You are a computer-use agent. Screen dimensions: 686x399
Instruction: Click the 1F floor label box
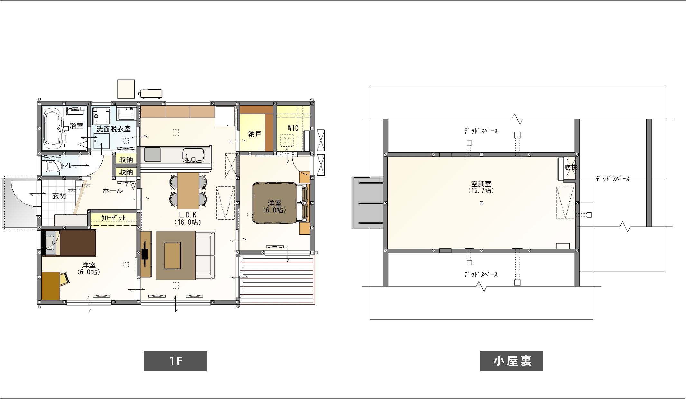tap(175, 361)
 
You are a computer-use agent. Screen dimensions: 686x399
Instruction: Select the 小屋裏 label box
tap(512, 361)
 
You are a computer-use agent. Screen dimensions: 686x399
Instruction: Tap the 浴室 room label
tap(76, 126)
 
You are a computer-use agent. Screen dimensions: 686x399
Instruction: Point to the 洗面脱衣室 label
tap(114, 129)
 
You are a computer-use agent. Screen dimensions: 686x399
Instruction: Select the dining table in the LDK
tap(188, 191)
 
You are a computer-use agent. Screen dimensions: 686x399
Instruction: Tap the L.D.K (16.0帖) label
tap(188, 218)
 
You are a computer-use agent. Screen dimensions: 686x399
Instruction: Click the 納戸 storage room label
tap(254, 134)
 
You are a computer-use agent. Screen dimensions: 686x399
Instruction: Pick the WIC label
tap(293, 128)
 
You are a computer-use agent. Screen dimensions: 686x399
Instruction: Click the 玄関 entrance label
tap(59, 196)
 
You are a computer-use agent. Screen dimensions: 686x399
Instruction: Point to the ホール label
tap(113, 190)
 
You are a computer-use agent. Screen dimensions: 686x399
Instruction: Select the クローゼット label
tap(113, 218)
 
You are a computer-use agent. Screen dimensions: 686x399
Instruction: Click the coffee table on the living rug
tap(172, 255)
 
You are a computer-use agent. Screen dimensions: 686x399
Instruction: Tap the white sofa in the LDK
tap(205, 255)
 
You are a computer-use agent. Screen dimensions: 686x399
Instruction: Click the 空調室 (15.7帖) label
tap(481, 187)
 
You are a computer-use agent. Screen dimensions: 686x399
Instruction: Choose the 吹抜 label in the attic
tap(571, 167)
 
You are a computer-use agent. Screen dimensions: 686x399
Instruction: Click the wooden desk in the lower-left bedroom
tap(51, 286)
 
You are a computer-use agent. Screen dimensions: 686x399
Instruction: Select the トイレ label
tap(67, 166)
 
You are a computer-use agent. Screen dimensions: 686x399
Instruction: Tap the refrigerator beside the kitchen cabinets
tap(225, 116)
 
